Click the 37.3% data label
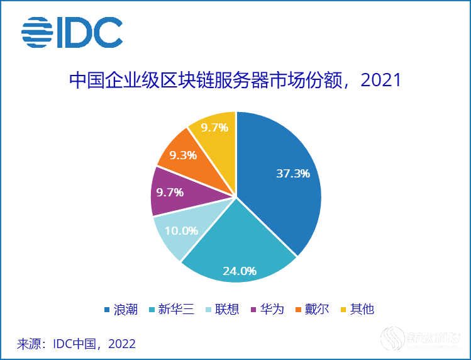293,173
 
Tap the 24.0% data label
240,271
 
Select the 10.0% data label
182,230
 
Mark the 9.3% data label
183,155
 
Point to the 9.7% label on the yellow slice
214,128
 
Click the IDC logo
72,32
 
